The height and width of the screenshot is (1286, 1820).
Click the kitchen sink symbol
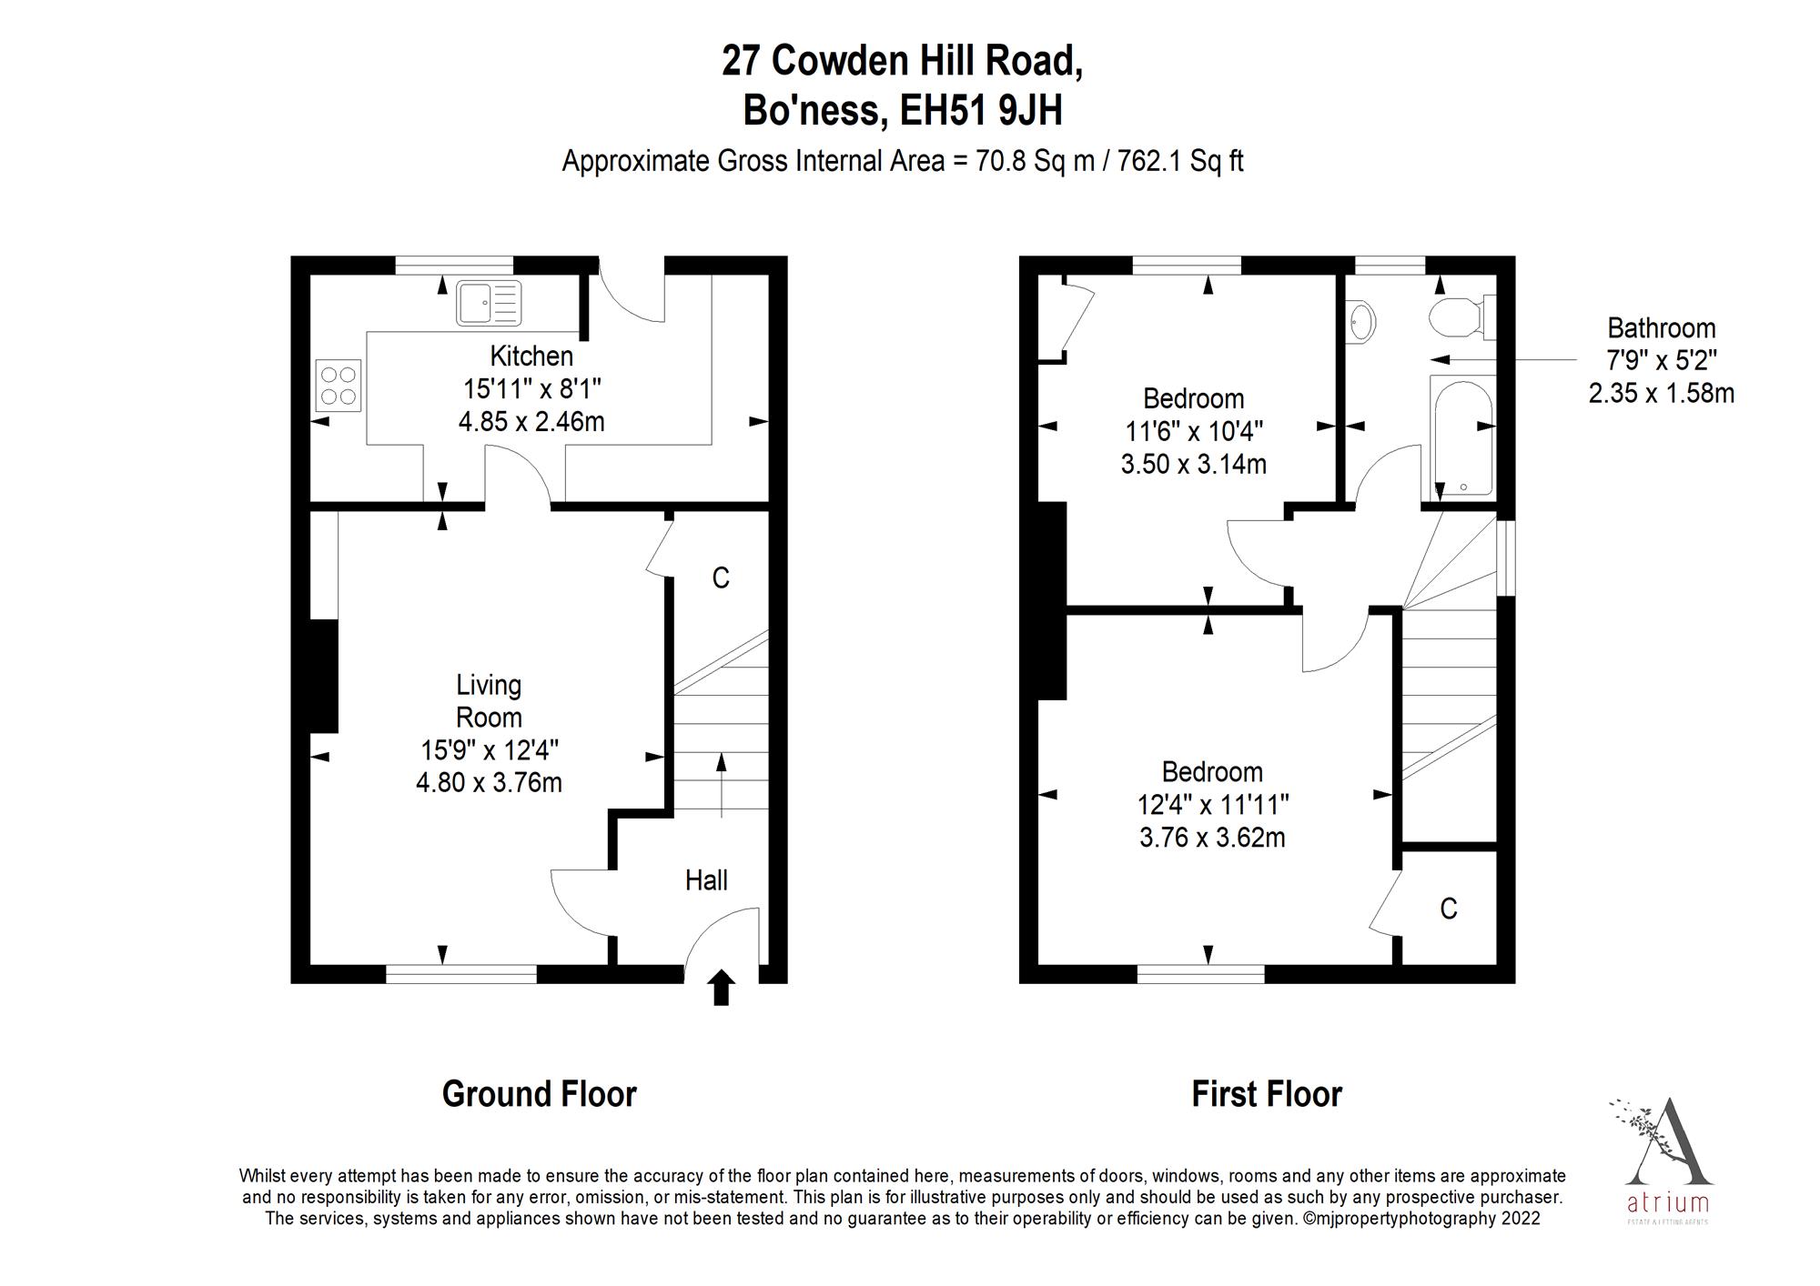[490, 303]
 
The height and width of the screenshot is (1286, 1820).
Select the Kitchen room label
[531, 356]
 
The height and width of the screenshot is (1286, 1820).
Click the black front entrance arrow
[722, 987]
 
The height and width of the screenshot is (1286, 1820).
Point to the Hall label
[706, 880]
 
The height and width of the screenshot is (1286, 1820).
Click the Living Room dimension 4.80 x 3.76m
[489, 783]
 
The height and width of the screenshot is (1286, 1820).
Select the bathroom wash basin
[1361, 320]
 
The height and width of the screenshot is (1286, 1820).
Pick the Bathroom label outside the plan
[1661, 328]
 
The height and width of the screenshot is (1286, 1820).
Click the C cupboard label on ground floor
[721, 578]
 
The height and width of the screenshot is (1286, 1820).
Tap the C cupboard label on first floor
[1449, 909]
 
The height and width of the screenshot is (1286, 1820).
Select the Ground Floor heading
[539, 1094]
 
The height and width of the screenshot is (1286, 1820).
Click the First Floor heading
[1267, 1094]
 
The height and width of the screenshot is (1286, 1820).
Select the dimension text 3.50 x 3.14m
[1193, 465]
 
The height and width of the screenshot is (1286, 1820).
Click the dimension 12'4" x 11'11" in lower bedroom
[1212, 805]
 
